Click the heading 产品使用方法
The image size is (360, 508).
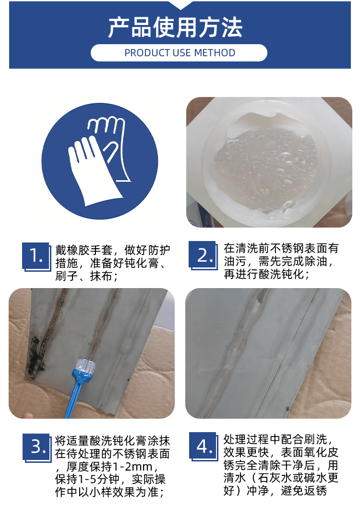tap(175, 28)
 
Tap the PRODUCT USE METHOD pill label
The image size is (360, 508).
tap(179, 53)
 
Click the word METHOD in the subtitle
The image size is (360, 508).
tap(215, 53)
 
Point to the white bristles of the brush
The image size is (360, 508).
tap(85, 365)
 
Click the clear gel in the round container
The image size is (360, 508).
tap(265, 169)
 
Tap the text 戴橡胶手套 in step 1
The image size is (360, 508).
tap(84, 250)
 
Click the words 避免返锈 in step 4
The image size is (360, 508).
tap(304, 491)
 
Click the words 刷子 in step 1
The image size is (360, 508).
tap(67, 276)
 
